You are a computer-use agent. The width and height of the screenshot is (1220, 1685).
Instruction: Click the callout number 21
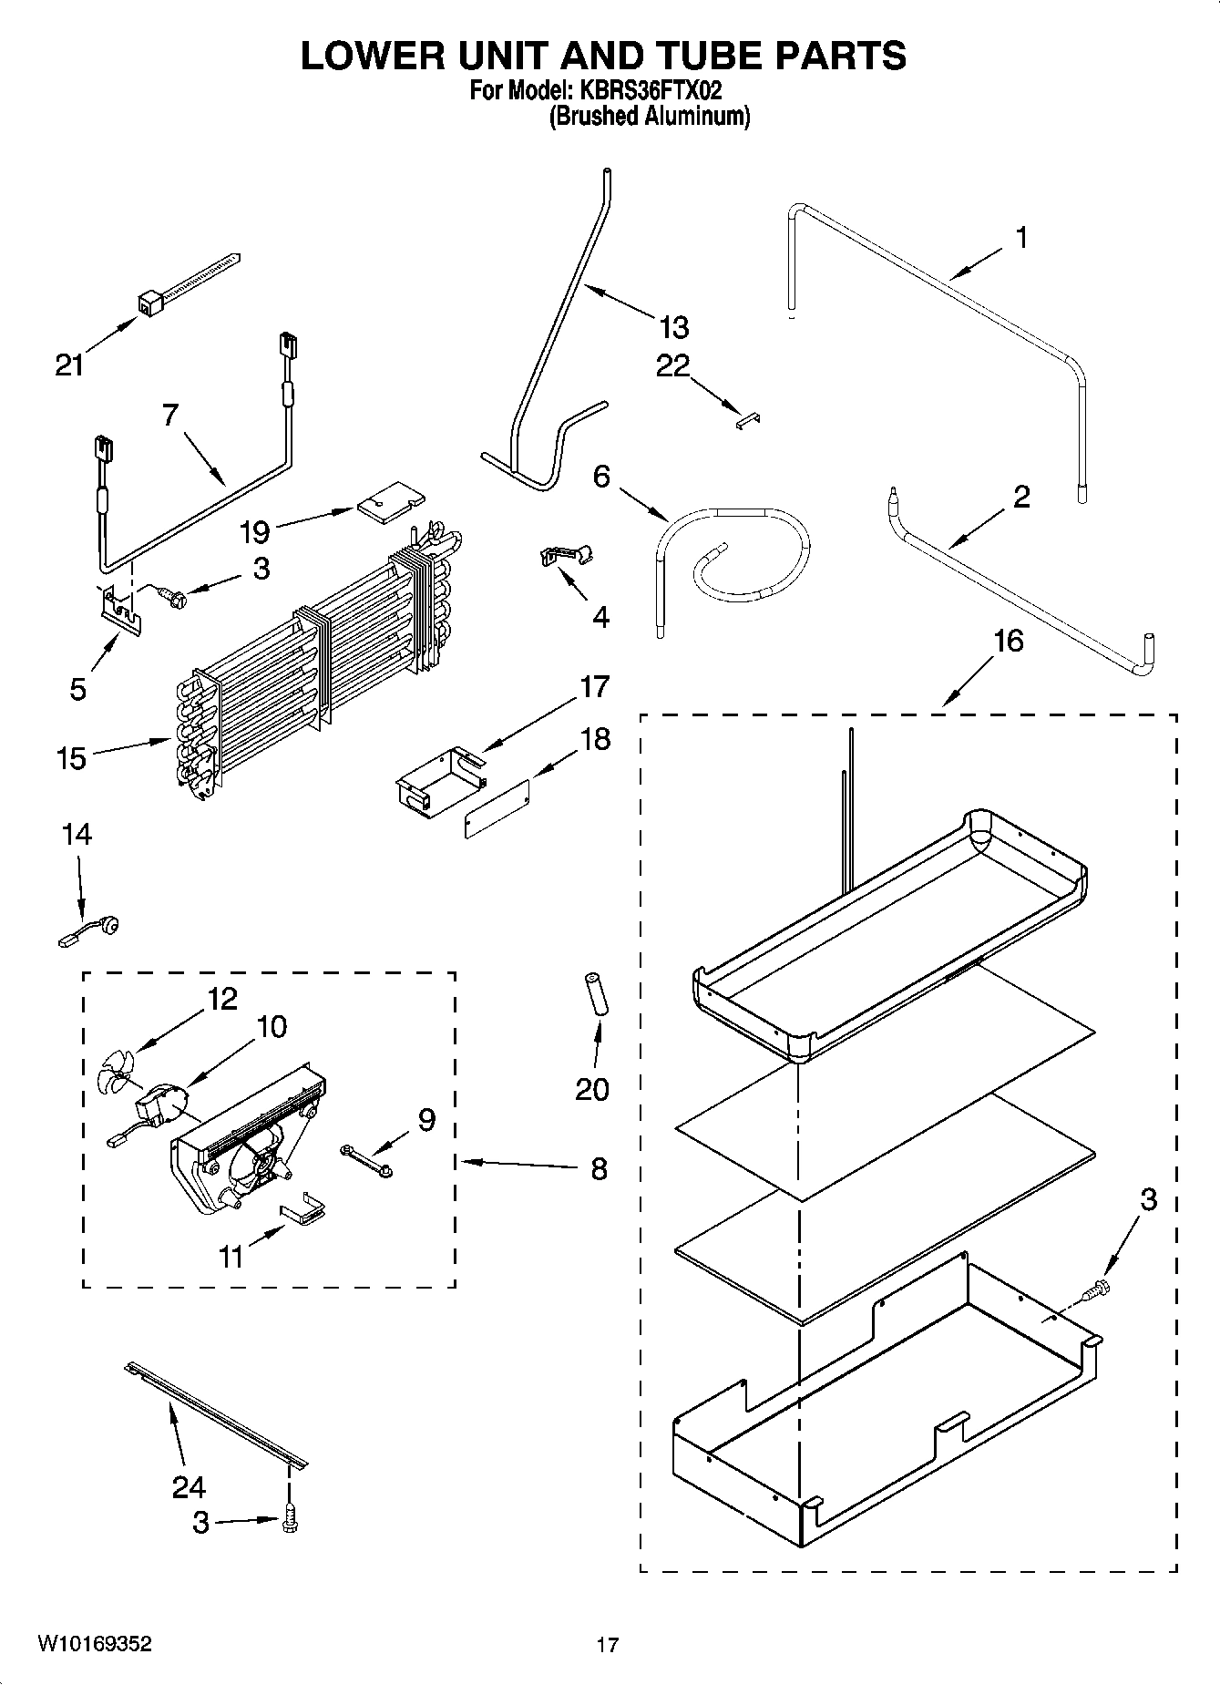pos(69,365)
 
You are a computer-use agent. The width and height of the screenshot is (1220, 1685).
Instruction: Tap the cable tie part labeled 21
pos(188,283)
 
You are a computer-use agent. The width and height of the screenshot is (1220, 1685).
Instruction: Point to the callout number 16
pos(1009,641)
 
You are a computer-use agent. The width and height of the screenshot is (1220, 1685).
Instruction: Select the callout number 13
pos(674,326)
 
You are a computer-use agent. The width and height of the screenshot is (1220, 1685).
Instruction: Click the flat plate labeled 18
pos(497,808)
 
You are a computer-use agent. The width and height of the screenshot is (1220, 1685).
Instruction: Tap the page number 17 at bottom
pos(608,1645)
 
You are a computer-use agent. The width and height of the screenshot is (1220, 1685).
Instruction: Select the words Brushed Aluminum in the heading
pos(649,117)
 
